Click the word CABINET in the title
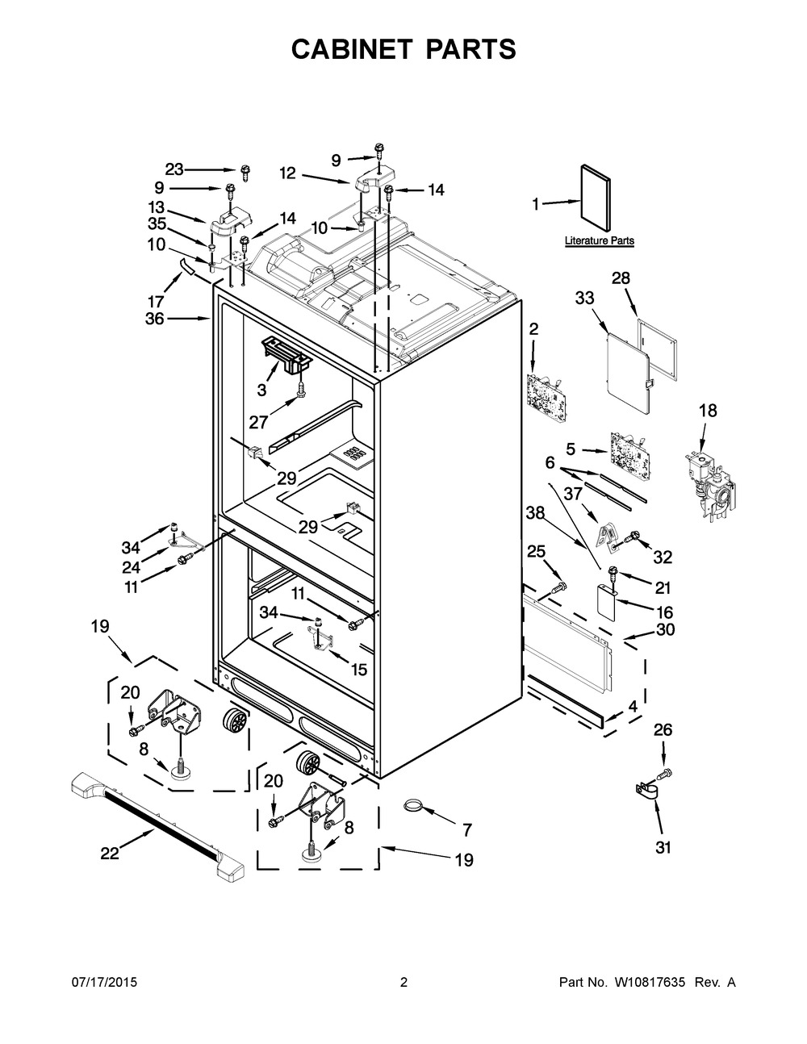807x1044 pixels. tap(346, 49)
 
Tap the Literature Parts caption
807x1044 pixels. tap(599, 240)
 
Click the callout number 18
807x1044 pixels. tap(707, 411)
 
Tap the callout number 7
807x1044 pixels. tap(466, 829)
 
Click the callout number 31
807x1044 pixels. tap(663, 847)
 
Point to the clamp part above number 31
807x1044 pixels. tap(650, 790)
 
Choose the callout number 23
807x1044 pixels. tap(174, 169)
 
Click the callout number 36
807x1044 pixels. tap(154, 319)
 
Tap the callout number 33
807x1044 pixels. tap(583, 299)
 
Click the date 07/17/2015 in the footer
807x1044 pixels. tap(105, 983)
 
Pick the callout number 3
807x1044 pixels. tap(261, 390)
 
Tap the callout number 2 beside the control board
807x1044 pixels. tap(533, 328)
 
